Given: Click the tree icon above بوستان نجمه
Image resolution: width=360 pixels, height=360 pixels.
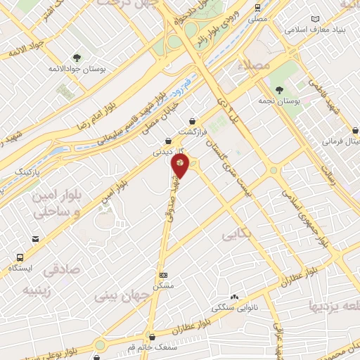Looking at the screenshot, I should pos(279,90).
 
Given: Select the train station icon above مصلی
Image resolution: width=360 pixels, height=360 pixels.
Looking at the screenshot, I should pos(257,6).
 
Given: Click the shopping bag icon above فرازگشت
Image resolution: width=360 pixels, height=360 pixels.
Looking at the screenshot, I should pos(192,121).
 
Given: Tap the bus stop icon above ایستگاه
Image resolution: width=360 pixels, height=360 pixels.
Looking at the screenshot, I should pos(19,257).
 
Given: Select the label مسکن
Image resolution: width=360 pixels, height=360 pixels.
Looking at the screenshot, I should pos(164,286).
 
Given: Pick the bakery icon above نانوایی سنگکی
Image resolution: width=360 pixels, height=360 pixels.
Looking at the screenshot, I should pos(233,298).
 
